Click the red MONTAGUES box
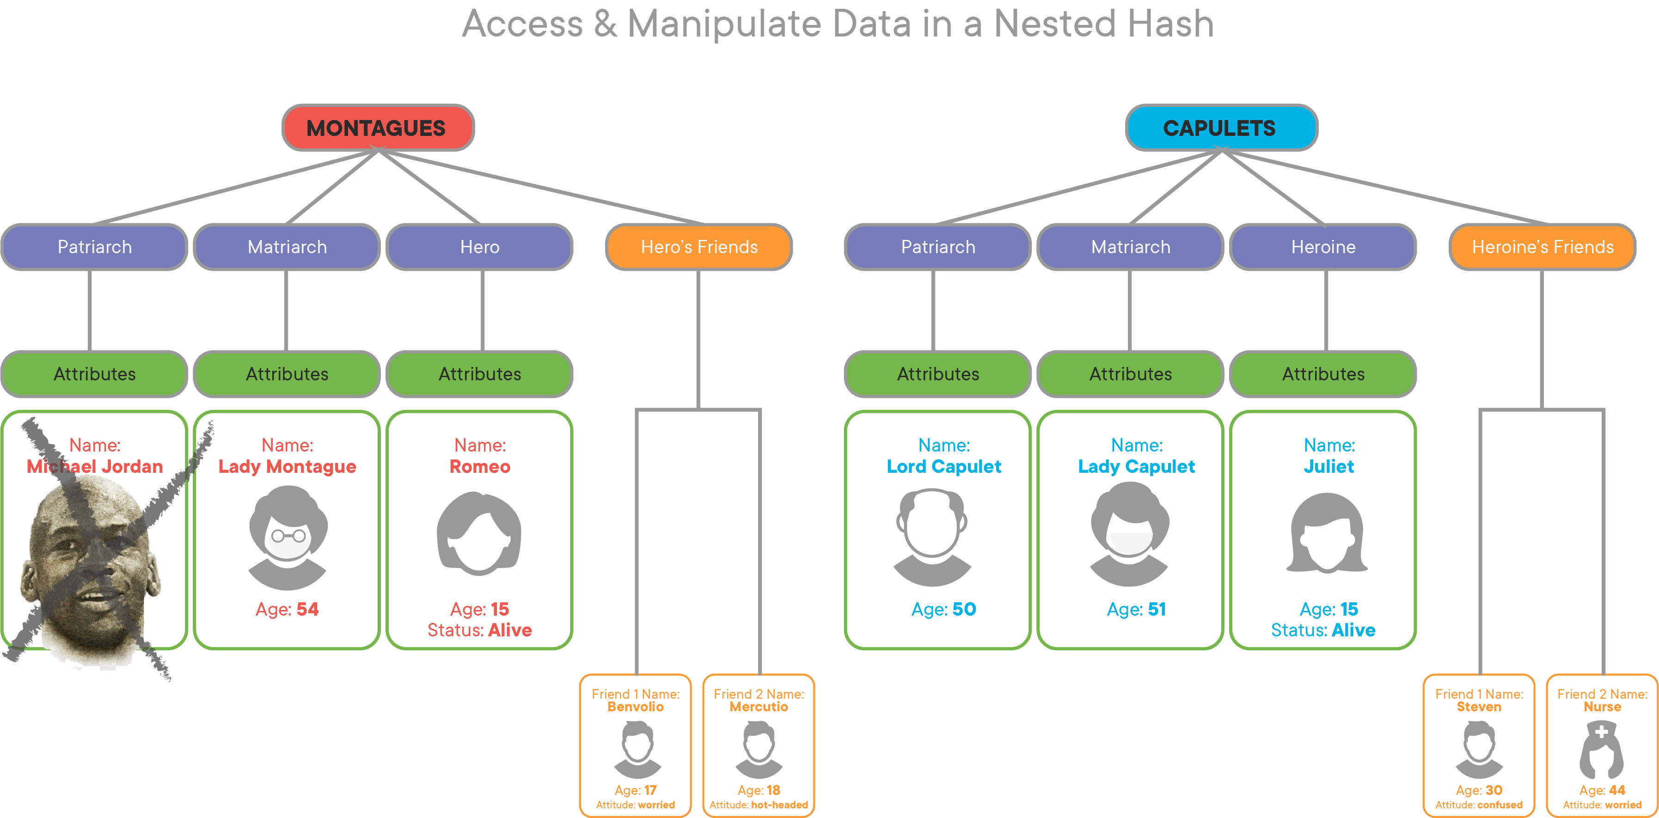pos(377,128)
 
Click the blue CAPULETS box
pos(1220,128)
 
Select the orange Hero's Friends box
pos(699,247)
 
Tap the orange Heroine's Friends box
pos(1543,247)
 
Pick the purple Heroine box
pos(1323,247)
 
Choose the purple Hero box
pos(480,247)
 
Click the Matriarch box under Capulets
pos(1130,247)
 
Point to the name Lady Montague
pos(287,466)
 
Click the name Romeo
pos(480,466)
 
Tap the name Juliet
pos(1328,466)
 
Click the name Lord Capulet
pos(943,466)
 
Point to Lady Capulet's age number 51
pos(1157,609)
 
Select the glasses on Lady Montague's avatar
pos(288,535)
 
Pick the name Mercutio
pos(759,707)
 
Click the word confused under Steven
pos(1500,805)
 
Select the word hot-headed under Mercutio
pos(779,805)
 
